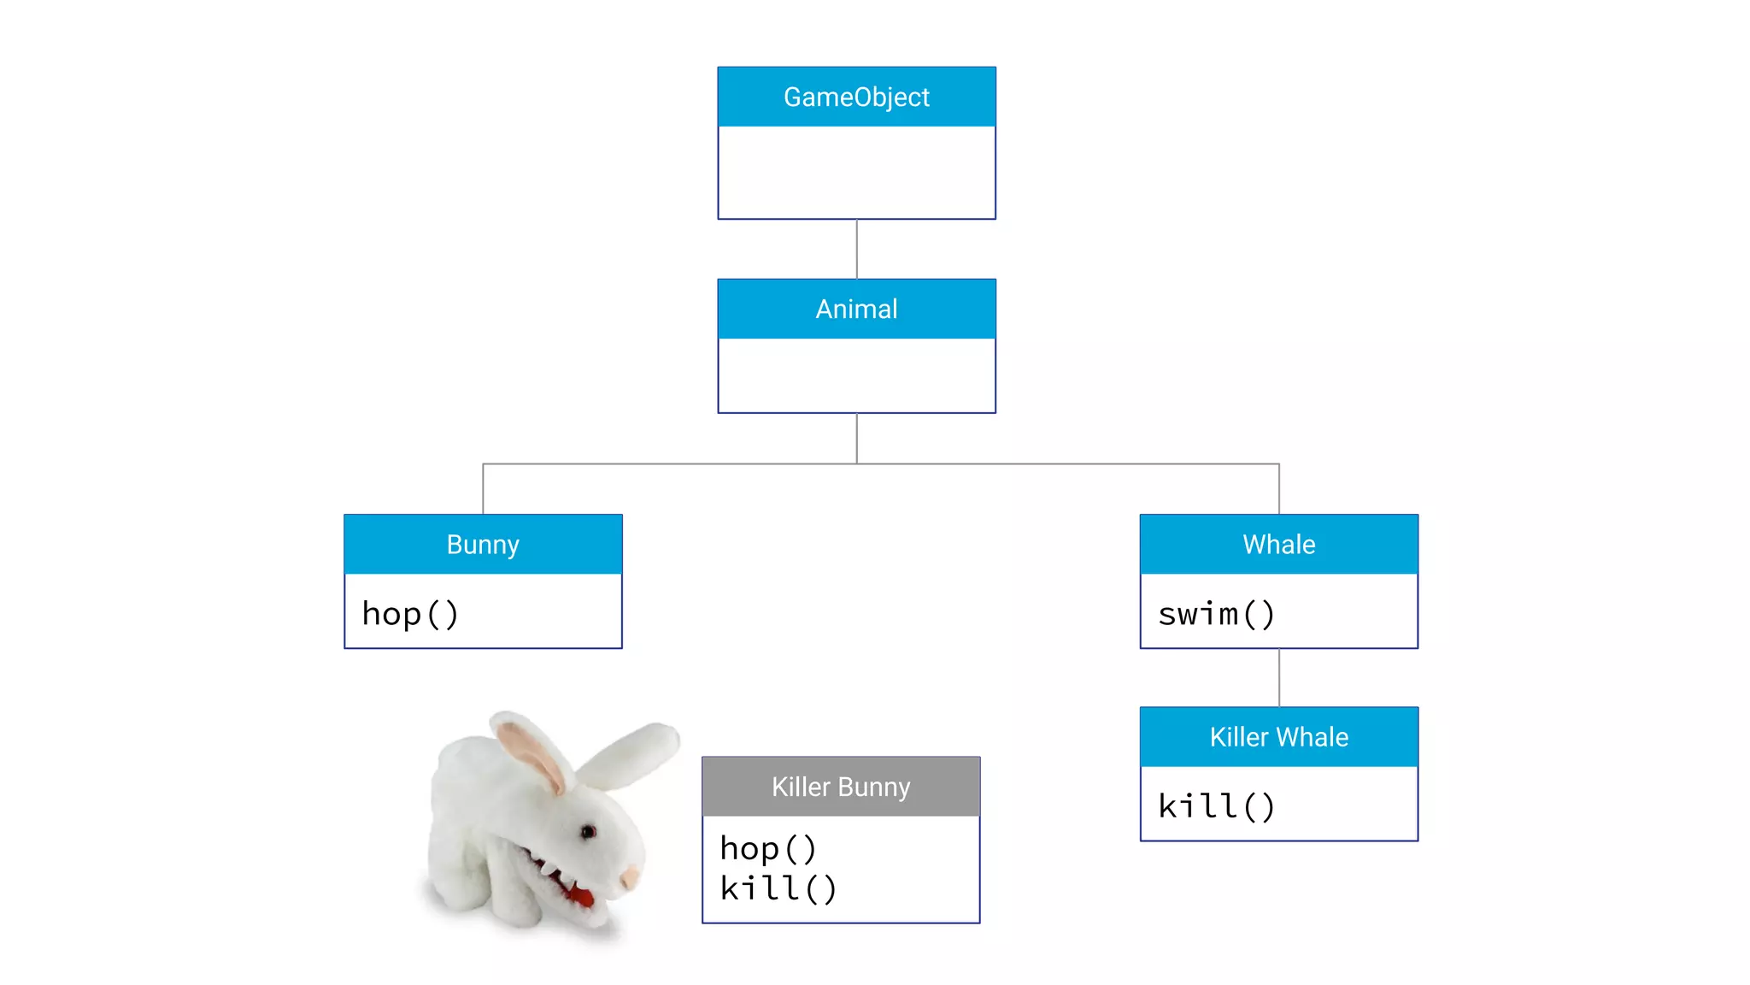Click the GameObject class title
[856, 97]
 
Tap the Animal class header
[856, 309]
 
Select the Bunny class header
[483, 545]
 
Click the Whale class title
[1278, 545]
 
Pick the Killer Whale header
[1278, 737]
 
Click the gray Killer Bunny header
[841, 787]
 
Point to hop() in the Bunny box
[411, 614]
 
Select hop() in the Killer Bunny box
[768, 849]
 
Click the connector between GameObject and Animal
[857, 249]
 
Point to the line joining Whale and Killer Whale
[1279, 677]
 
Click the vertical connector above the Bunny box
[484, 489]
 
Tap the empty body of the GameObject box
[856, 172]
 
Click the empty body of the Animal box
[856, 375]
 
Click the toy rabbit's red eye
[588, 831]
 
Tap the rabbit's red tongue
[582, 896]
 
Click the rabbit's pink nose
[631, 876]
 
